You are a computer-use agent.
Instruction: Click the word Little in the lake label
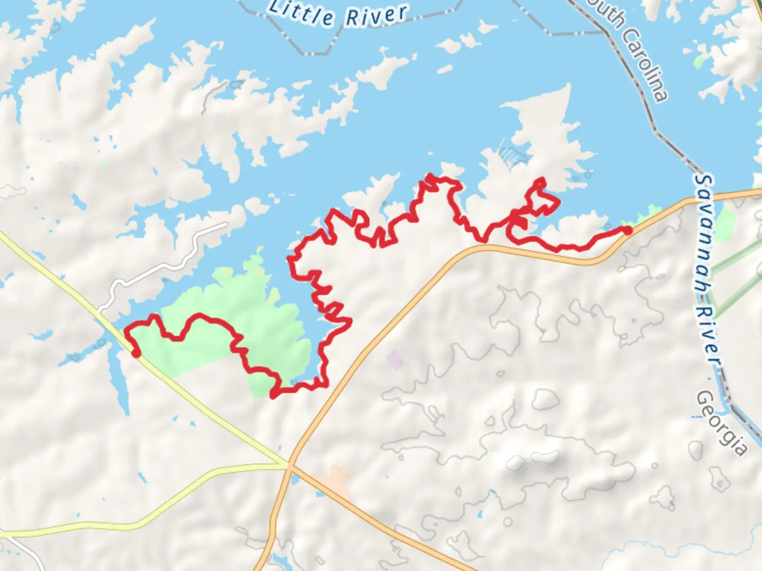301,14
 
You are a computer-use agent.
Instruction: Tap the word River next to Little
376,16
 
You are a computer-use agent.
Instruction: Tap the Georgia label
722,423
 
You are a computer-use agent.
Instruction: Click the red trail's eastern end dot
627,230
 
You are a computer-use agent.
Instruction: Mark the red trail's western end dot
136,353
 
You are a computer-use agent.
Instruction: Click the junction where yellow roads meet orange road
289,466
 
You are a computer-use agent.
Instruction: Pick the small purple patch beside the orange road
395,359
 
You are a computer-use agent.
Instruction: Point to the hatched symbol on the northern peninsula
513,154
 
